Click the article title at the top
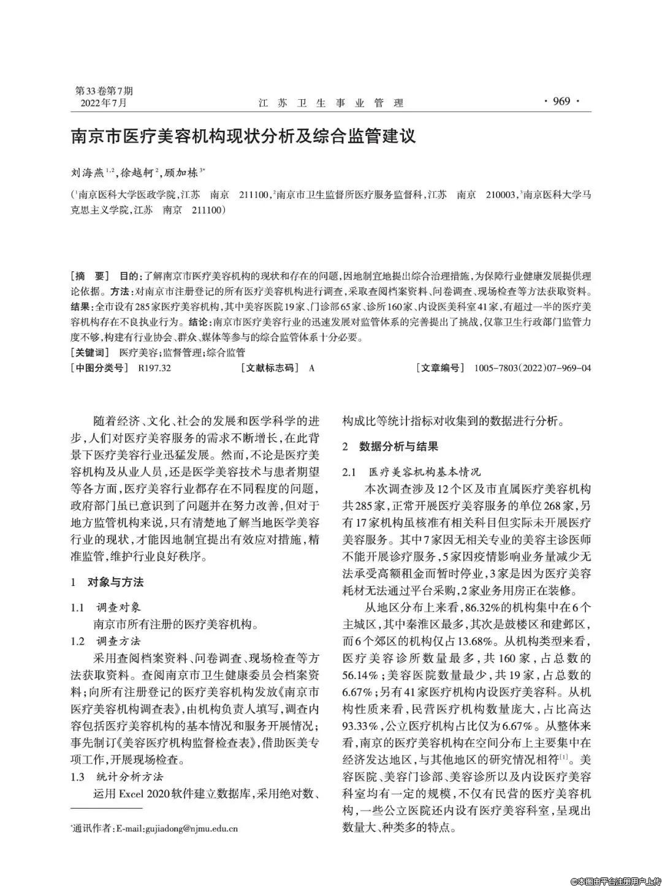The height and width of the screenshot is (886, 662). click(243, 135)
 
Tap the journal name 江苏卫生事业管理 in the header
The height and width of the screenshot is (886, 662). click(330, 103)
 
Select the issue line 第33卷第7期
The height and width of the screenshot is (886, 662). click(104, 91)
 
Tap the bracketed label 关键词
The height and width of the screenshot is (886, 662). click(91, 353)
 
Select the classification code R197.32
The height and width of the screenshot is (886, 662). click(154, 369)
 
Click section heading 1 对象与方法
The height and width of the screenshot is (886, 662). click(107, 582)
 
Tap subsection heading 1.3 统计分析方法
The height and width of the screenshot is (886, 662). click(116, 777)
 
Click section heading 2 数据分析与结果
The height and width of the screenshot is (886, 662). click(390, 446)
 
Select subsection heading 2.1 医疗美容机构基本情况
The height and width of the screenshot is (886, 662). click(412, 472)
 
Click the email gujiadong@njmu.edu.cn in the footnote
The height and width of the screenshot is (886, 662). click(190, 829)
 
